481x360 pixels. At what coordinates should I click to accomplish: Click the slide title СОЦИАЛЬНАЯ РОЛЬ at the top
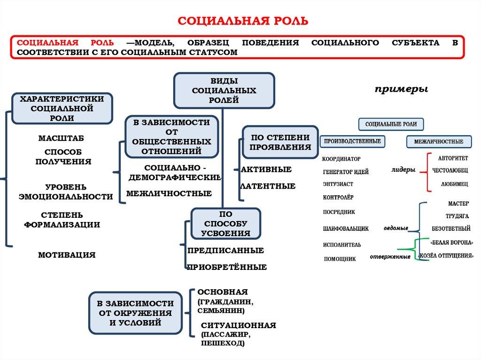pos(243,20)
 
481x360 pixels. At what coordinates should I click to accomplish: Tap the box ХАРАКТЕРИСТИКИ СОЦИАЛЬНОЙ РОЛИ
pos(62,108)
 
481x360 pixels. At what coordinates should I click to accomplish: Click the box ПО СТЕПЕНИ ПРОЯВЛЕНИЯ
pos(280,142)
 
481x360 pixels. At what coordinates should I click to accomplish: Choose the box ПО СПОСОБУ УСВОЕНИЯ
pos(225,223)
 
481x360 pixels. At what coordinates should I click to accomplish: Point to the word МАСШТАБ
pos(61,138)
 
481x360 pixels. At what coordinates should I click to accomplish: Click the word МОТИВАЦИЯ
pos(67,255)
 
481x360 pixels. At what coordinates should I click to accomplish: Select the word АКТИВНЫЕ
pos(266,169)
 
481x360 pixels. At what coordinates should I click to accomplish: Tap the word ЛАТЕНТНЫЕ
pos(268,186)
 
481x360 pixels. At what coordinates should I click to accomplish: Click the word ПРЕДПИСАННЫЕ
pos(225,251)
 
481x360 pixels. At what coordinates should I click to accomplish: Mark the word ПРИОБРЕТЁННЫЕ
pos(227,267)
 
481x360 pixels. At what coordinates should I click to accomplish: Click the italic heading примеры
pos(401,89)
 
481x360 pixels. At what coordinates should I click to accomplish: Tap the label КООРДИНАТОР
pos(341,159)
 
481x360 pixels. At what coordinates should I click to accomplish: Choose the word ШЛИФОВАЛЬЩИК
pos(346,229)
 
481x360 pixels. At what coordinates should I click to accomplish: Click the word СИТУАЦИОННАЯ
pos(238,325)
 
